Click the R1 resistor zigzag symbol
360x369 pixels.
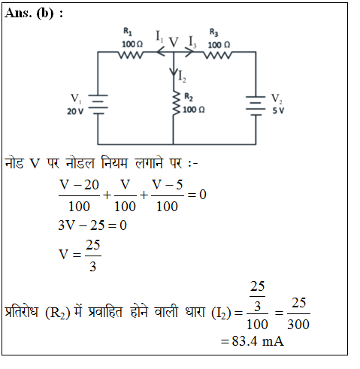point(131,54)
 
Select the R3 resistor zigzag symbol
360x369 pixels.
point(217,54)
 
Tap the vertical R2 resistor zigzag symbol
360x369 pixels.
point(176,103)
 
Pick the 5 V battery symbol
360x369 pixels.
point(256,106)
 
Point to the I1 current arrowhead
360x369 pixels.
point(160,52)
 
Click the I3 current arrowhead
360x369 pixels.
point(189,52)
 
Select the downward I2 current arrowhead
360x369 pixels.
point(174,71)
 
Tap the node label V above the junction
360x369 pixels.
point(174,42)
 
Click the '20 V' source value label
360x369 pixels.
point(75,111)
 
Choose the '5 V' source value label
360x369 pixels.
point(278,110)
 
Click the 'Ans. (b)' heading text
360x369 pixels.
point(29,14)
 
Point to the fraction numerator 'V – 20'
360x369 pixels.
point(79,185)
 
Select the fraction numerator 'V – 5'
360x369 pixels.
point(167,185)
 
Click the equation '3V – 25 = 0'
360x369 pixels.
point(92,225)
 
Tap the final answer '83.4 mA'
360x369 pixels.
point(258,341)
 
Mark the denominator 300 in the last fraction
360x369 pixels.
point(298,325)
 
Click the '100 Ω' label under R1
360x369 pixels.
point(132,44)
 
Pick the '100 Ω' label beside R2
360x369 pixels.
point(194,110)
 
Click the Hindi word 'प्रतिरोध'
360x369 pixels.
point(22,312)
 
